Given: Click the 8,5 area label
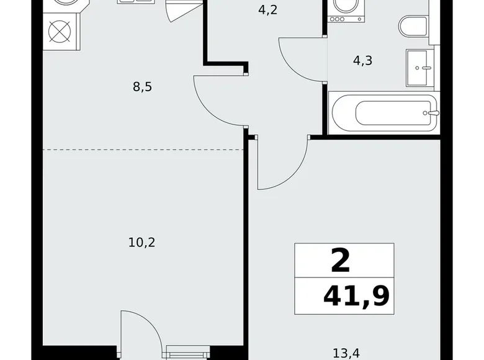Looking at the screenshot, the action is [142, 87].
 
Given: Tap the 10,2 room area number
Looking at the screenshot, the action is [141, 243].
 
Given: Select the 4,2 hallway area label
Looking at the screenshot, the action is [267, 10].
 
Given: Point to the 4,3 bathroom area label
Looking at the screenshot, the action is [363, 60].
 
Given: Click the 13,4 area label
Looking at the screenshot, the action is [346, 353].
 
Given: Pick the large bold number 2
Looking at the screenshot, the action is [341, 261].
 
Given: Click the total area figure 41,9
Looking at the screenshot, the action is [356, 297].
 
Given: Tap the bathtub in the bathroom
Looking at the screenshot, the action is [383, 113].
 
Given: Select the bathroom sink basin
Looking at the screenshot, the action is [418, 68].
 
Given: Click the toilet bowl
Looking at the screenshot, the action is [413, 27].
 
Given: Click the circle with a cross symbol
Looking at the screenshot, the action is [60, 32].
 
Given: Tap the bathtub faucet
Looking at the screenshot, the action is [431, 113].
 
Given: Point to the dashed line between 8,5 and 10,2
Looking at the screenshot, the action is [143, 150].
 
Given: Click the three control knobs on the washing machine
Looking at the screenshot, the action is [338, 19].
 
